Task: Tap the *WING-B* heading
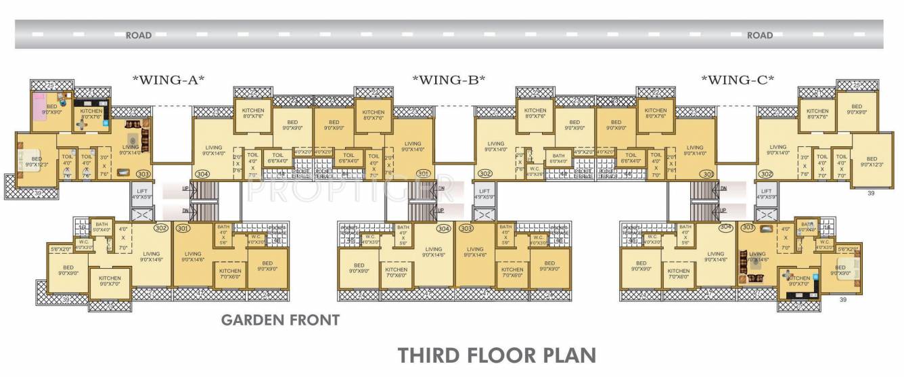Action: click(449, 80)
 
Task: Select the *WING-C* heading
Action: click(738, 80)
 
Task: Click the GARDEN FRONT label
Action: click(281, 319)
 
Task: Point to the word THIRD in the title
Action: click(432, 355)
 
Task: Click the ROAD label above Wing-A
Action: click(138, 35)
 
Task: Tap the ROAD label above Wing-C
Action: click(759, 35)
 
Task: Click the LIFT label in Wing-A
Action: click(143, 192)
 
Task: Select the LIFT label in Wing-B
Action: click(483, 192)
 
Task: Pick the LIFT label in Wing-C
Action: click(766, 192)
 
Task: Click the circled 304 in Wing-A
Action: click(202, 174)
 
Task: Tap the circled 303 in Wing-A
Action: click(142, 174)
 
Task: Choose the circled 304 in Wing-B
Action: click(444, 228)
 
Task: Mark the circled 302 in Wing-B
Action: click(484, 174)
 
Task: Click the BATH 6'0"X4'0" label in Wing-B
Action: click(558, 158)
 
